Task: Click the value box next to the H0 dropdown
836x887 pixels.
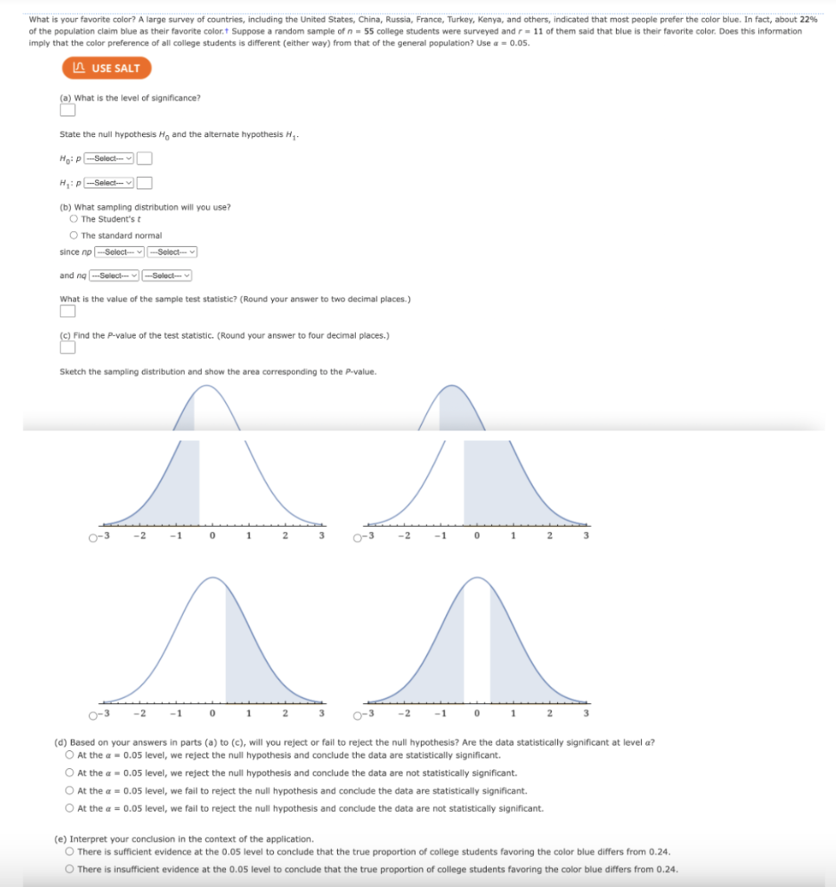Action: (x=145, y=158)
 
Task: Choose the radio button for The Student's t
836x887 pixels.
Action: (x=74, y=218)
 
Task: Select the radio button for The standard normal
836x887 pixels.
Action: (x=74, y=236)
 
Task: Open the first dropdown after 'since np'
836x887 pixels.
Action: (x=120, y=252)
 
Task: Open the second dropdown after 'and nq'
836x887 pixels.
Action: (x=167, y=275)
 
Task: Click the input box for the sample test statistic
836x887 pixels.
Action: (x=67, y=312)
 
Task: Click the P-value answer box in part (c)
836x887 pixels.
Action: (x=67, y=347)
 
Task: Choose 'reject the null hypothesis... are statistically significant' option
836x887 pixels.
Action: (x=69, y=754)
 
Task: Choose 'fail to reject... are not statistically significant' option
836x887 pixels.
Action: (x=69, y=808)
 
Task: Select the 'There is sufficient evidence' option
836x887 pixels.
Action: (x=69, y=851)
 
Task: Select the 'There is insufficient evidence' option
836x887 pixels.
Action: (x=69, y=869)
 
